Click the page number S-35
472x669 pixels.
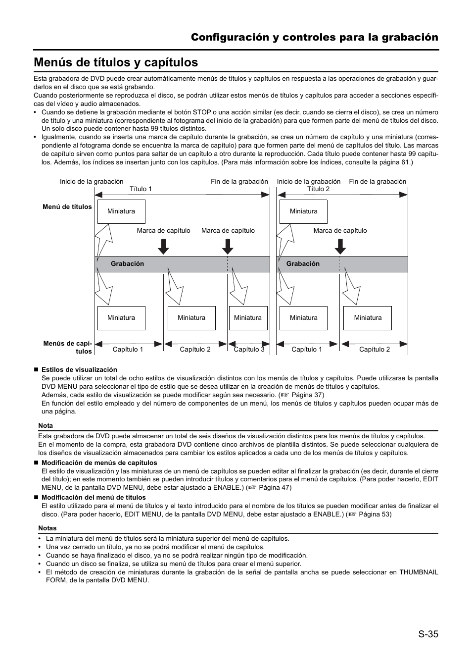427,634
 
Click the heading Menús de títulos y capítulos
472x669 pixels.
116,62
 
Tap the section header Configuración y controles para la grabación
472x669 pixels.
314,37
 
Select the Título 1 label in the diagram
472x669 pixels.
141,189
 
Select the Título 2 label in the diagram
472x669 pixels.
318,189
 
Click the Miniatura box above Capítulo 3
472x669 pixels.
248,318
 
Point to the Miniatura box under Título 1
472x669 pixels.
121,211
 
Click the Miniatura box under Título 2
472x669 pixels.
303,211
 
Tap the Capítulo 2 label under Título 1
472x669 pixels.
195,349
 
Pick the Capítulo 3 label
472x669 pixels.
249,349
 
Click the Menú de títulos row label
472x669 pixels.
67,207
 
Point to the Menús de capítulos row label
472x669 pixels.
68,347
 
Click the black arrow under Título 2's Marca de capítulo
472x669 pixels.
340,246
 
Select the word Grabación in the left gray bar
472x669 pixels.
127,264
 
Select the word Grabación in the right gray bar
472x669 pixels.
303,264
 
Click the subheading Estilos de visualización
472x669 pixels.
79,369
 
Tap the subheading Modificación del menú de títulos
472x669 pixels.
94,497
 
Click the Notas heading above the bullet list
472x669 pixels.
47,528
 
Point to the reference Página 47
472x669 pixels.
275,487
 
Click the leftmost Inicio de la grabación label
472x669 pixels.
92,182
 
